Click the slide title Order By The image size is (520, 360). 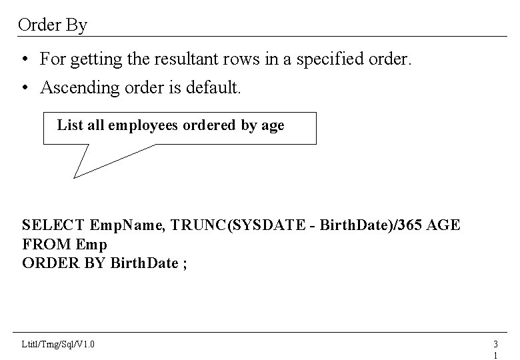tap(53, 25)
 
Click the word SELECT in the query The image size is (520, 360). tap(53, 225)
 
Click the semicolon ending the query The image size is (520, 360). tap(185, 263)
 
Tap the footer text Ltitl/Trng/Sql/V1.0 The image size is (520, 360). tap(58, 344)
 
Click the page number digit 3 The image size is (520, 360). tap(495, 344)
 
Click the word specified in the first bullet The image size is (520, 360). tap(329, 60)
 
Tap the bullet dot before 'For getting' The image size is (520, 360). tap(23, 60)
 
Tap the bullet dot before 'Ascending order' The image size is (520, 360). tap(23, 87)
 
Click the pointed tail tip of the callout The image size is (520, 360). tap(74, 177)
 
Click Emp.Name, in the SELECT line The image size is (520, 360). tap(127, 225)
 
